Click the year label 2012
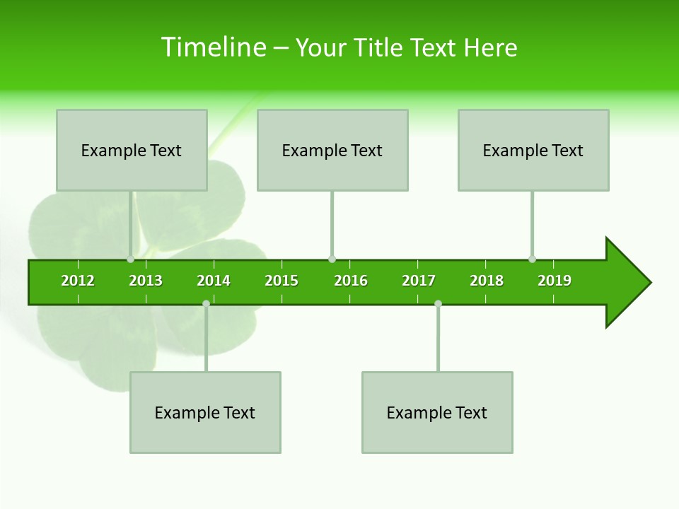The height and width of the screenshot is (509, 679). [x=78, y=281]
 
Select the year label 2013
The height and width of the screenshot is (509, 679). [x=146, y=281]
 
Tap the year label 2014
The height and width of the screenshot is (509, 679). [x=214, y=281]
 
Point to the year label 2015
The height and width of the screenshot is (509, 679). [x=282, y=281]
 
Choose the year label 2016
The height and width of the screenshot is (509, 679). [x=351, y=281]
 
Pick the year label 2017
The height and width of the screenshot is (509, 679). [x=419, y=281]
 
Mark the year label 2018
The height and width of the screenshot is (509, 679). [x=487, y=281]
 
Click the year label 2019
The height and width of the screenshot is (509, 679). [x=555, y=281]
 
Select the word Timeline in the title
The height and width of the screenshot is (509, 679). [x=212, y=47]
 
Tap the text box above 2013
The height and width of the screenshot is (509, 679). [x=132, y=150]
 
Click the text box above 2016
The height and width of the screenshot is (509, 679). [x=332, y=150]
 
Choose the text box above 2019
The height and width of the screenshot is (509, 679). [x=533, y=150]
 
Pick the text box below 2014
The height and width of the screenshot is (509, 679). [x=205, y=412]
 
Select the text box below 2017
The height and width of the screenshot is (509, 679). [x=437, y=412]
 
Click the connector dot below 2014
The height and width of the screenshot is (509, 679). [x=206, y=303]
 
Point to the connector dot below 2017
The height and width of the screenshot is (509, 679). [x=438, y=303]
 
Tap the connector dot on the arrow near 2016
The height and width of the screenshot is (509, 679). [x=332, y=259]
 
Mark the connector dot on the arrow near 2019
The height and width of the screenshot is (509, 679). [x=532, y=259]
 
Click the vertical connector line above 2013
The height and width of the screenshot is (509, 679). [x=131, y=223]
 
